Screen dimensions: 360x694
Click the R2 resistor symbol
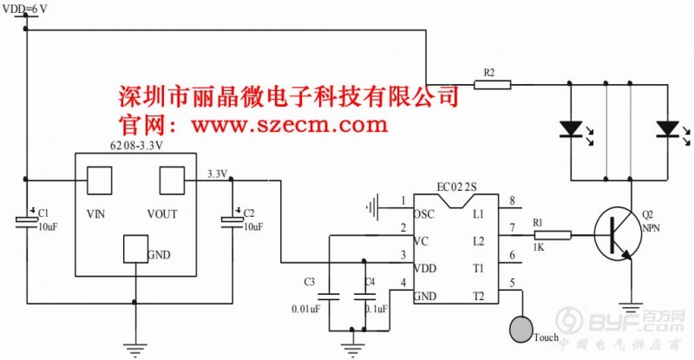point(493,84)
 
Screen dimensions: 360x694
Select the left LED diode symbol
point(569,129)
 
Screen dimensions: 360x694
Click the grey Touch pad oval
point(520,330)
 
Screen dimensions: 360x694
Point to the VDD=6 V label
point(26,8)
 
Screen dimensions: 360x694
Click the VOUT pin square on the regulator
point(172,181)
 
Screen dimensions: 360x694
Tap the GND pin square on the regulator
point(135,249)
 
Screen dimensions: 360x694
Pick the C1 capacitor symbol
point(26,221)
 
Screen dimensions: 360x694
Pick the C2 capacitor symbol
point(232,221)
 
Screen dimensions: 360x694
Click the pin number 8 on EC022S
point(513,202)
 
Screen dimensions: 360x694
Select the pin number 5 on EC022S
point(513,282)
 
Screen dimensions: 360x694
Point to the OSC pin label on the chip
point(424,213)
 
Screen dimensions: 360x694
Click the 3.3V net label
point(217,174)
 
